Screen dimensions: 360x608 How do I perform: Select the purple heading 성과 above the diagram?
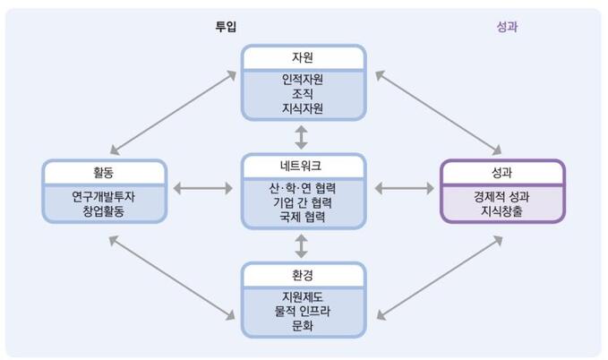[x=507, y=27]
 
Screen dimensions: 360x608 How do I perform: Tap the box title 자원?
[x=302, y=57]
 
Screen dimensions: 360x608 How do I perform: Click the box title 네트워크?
[x=302, y=167]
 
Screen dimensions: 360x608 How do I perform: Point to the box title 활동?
[x=104, y=173]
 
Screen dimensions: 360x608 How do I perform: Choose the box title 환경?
[x=302, y=275]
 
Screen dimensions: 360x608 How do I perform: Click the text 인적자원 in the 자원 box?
[x=302, y=79]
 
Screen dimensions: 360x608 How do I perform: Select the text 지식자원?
[x=302, y=109]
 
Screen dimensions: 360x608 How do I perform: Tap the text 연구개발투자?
[x=104, y=195]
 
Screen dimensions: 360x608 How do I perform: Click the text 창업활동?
[x=104, y=210]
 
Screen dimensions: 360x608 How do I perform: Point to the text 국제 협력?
[x=302, y=218]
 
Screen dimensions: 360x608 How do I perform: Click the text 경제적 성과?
[x=502, y=195]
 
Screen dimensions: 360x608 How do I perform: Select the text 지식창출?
[x=502, y=210]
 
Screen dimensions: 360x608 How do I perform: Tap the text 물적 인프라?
[x=302, y=312]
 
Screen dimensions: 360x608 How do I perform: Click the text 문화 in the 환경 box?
[x=302, y=327]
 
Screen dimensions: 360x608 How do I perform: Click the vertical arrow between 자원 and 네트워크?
[x=302, y=137]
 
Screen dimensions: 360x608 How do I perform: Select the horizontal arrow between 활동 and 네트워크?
[x=204, y=189]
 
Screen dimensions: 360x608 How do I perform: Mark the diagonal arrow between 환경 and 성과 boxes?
[x=439, y=277]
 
